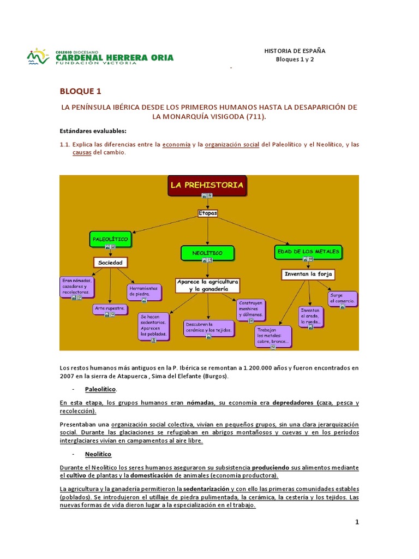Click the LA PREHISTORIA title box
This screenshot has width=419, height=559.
(207, 186)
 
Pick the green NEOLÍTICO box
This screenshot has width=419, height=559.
(207, 253)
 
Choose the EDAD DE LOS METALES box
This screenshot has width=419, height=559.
(308, 252)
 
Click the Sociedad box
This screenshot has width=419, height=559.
(111, 263)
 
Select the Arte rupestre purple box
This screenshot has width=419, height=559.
(111, 309)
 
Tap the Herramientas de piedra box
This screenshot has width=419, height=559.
(145, 292)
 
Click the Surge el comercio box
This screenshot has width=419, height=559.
(343, 298)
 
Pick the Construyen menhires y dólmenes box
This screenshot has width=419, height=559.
(251, 308)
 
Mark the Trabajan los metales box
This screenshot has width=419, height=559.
(273, 336)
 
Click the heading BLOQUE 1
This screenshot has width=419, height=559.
(80, 91)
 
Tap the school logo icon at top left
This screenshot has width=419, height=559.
(37, 57)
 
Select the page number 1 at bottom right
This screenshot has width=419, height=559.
(357, 522)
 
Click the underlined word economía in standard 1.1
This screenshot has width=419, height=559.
(177, 145)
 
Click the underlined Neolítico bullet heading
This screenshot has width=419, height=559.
(98, 454)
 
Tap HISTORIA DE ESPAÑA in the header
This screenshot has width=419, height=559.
(295, 51)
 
